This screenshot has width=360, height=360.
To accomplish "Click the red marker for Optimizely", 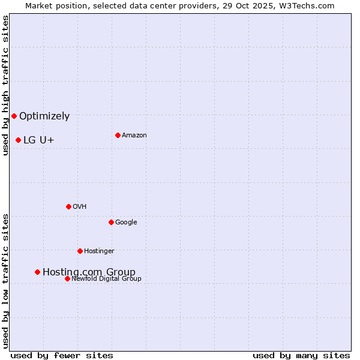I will click(14, 116).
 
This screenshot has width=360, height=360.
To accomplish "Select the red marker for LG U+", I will click(18, 140).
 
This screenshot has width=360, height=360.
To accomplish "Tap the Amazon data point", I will click(118, 135).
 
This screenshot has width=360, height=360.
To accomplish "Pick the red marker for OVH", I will click(68, 206).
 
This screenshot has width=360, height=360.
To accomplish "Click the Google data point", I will click(111, 222).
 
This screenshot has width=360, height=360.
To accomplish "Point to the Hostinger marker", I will click(80, 251).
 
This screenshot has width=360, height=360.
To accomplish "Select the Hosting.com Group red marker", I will click(37, 272).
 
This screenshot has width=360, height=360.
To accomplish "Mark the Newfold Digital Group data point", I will click(67, 278).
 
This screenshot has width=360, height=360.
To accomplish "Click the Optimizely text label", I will click(44, 116).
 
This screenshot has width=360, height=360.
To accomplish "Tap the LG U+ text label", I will click(39, 140).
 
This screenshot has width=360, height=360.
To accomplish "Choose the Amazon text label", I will click(134, 136).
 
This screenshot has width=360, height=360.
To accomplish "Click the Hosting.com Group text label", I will click(89, 272).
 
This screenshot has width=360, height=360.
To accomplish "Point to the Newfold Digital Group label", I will click(106, 278).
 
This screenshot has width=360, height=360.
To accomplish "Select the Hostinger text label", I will click(99, 251).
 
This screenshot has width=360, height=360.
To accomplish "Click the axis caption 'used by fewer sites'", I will click(62, 355).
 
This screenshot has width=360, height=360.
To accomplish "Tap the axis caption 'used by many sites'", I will click(301, 355).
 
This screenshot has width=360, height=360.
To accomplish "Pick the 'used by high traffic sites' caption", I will click(5, 85).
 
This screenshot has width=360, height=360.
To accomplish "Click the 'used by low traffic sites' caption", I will click(5, 280).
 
